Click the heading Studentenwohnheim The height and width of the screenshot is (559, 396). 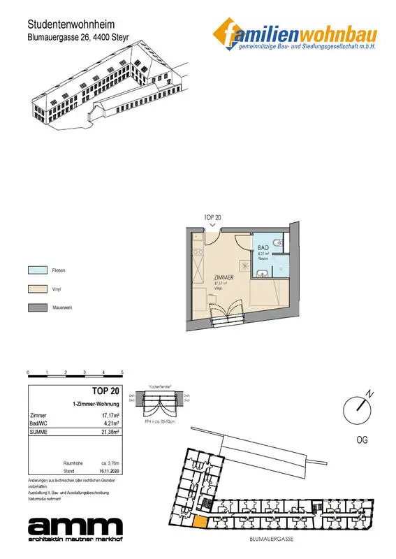[x=66, y=24]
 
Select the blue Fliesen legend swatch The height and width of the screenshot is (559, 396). [x=36, y=269]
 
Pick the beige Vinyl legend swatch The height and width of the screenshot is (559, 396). [x=36, y=288]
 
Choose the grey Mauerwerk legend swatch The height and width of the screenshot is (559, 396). [x=36, y=307]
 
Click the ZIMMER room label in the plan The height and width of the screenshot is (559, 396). [x=223, y=277]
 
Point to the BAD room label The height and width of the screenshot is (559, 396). [x=263, y=247]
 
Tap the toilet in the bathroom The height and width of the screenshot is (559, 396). [x=279, y=243]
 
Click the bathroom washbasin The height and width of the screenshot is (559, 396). [x=260, y=273]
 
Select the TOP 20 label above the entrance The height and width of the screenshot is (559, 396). [x=212, y=218]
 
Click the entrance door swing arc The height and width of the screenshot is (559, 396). [x=241, y=241]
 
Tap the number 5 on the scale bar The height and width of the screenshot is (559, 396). [x=122, y=373]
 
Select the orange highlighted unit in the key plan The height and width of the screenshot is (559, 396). [x=200, y=521]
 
